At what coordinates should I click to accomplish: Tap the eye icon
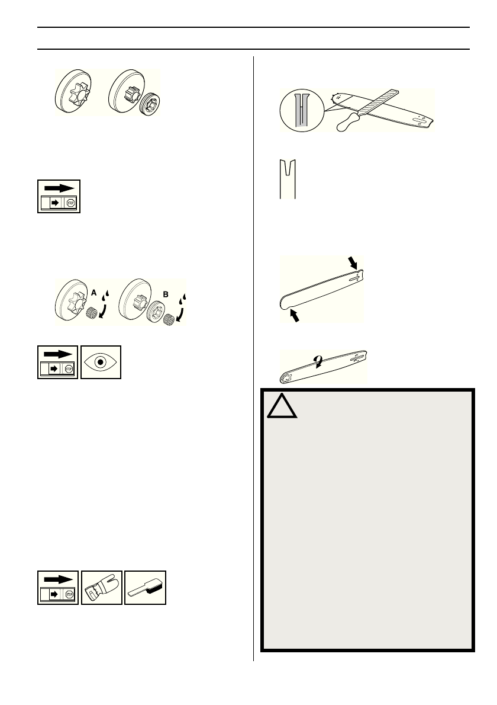(101, 362)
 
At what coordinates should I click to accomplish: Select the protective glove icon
(102, 587)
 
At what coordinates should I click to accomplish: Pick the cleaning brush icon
(146, 587)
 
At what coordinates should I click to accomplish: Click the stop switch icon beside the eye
(58, 362)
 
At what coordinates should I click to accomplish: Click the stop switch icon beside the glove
(58, 587)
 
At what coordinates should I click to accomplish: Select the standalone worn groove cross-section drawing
(288, 178)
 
